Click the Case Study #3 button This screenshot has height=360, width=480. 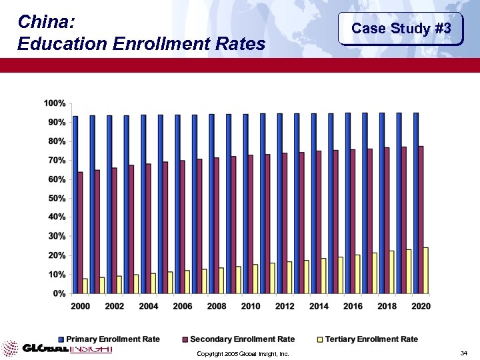tap(401, 29)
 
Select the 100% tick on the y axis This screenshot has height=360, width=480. tap(55, 103)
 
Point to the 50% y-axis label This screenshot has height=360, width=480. tap(56, 199)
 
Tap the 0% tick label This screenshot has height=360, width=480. tap(59, 293)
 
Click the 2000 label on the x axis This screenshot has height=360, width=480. tap(81, 306)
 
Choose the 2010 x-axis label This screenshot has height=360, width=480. tap(251, 306)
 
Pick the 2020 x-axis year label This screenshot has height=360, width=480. tap(421, 306)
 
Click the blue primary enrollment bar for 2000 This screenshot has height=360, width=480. tap(75, 204)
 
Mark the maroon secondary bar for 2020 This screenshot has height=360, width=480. tap(421, 219)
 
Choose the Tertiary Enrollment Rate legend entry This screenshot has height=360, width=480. tap(371, 339)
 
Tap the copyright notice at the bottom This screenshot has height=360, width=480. tap(243, 353)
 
